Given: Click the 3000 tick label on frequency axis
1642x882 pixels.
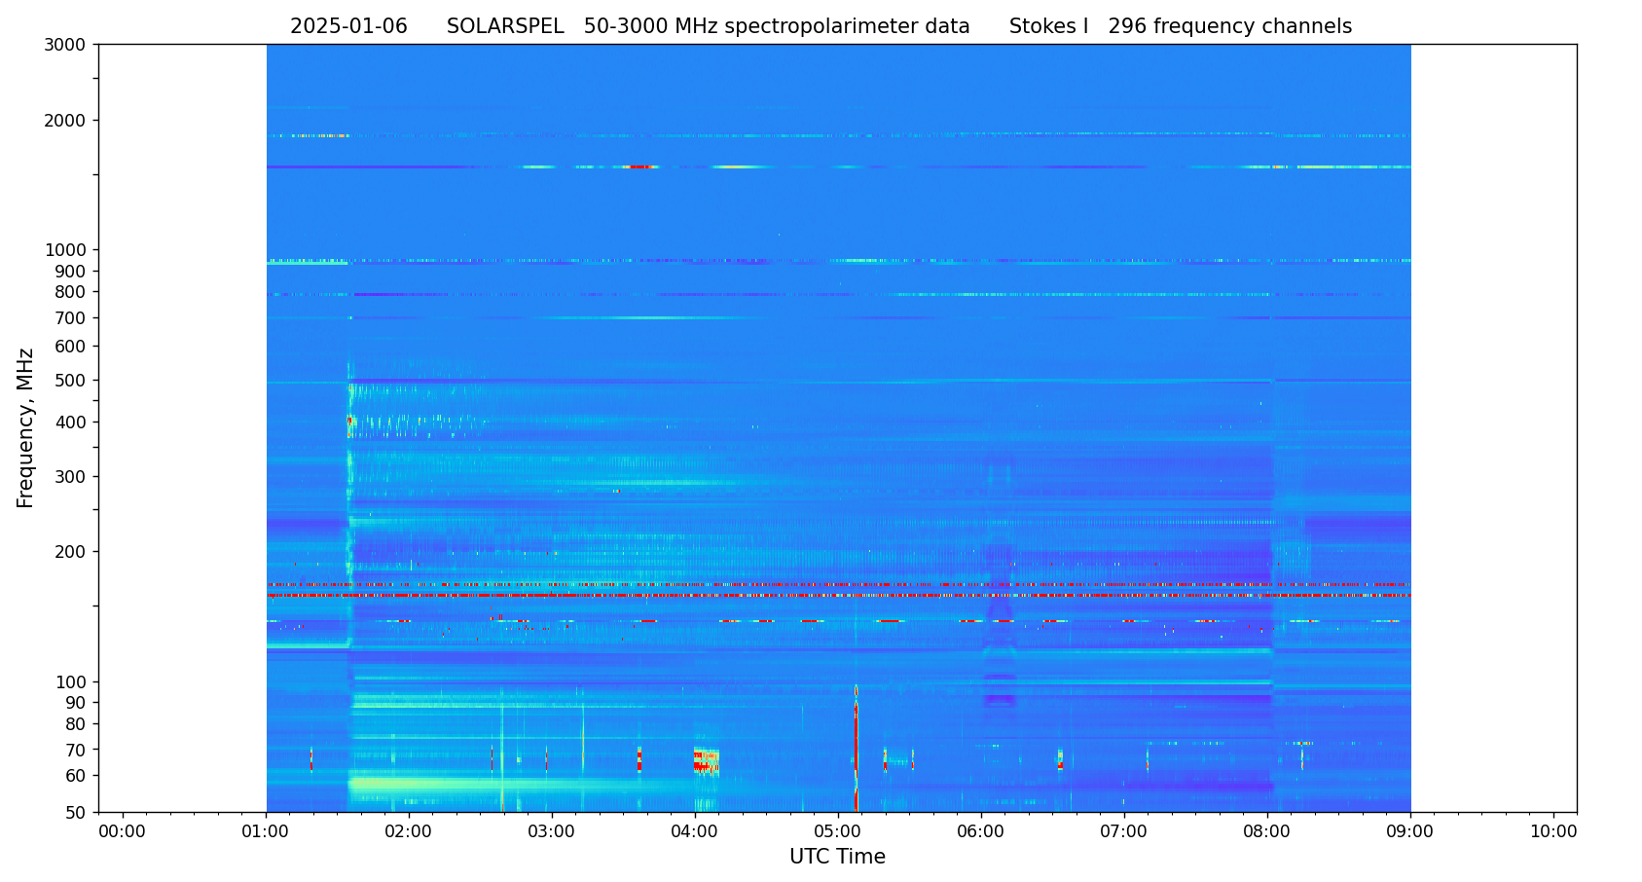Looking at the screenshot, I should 69,44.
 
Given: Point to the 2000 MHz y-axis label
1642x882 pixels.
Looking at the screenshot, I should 69,121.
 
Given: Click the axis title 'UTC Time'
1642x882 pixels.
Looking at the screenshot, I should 837,857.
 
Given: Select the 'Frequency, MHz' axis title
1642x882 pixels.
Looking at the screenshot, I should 26,427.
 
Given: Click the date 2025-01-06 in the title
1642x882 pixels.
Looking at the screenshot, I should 348,27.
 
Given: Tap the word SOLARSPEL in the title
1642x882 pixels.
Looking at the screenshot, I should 505,27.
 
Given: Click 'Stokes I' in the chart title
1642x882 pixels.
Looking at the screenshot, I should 1048,27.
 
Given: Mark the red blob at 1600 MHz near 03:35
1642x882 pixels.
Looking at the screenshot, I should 639,166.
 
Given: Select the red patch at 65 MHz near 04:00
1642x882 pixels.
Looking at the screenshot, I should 703,760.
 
